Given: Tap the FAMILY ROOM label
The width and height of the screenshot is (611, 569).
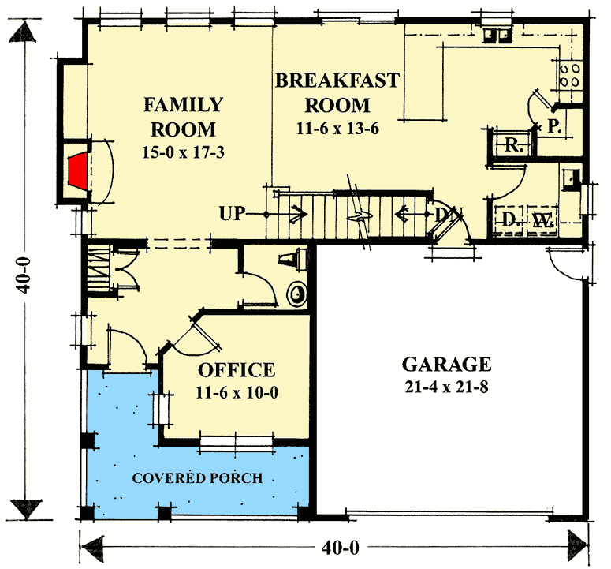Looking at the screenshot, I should coord(183,117).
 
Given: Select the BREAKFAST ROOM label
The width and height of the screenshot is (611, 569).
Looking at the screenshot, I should coord(337,92).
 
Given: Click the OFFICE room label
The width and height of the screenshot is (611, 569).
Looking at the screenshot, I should coord(237,369).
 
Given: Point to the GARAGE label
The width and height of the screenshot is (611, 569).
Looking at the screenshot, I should coord(447,365).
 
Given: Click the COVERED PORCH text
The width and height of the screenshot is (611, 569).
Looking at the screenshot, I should coord(197,478).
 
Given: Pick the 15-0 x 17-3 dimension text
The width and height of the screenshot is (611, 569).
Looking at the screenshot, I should coord(184,152).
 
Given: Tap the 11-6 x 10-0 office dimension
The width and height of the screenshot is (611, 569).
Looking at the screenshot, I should coord(237,391).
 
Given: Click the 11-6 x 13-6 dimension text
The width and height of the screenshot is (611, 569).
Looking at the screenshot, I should coord(337,129).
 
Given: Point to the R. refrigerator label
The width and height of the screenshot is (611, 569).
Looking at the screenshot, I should coord(514,145).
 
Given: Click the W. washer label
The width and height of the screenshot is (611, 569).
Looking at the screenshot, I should coord(542,219).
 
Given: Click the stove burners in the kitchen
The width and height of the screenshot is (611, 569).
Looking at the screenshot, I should coord(571,74).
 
